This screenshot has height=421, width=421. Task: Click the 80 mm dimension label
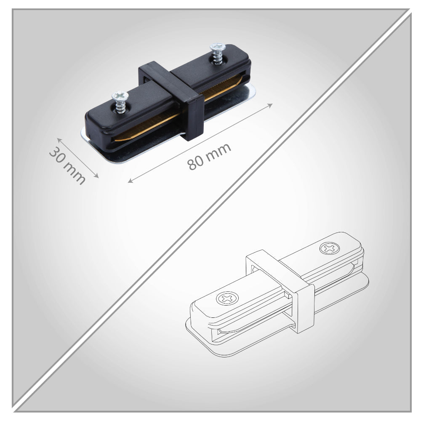point(209,157)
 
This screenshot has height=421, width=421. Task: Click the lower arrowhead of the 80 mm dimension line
point(130,181)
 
